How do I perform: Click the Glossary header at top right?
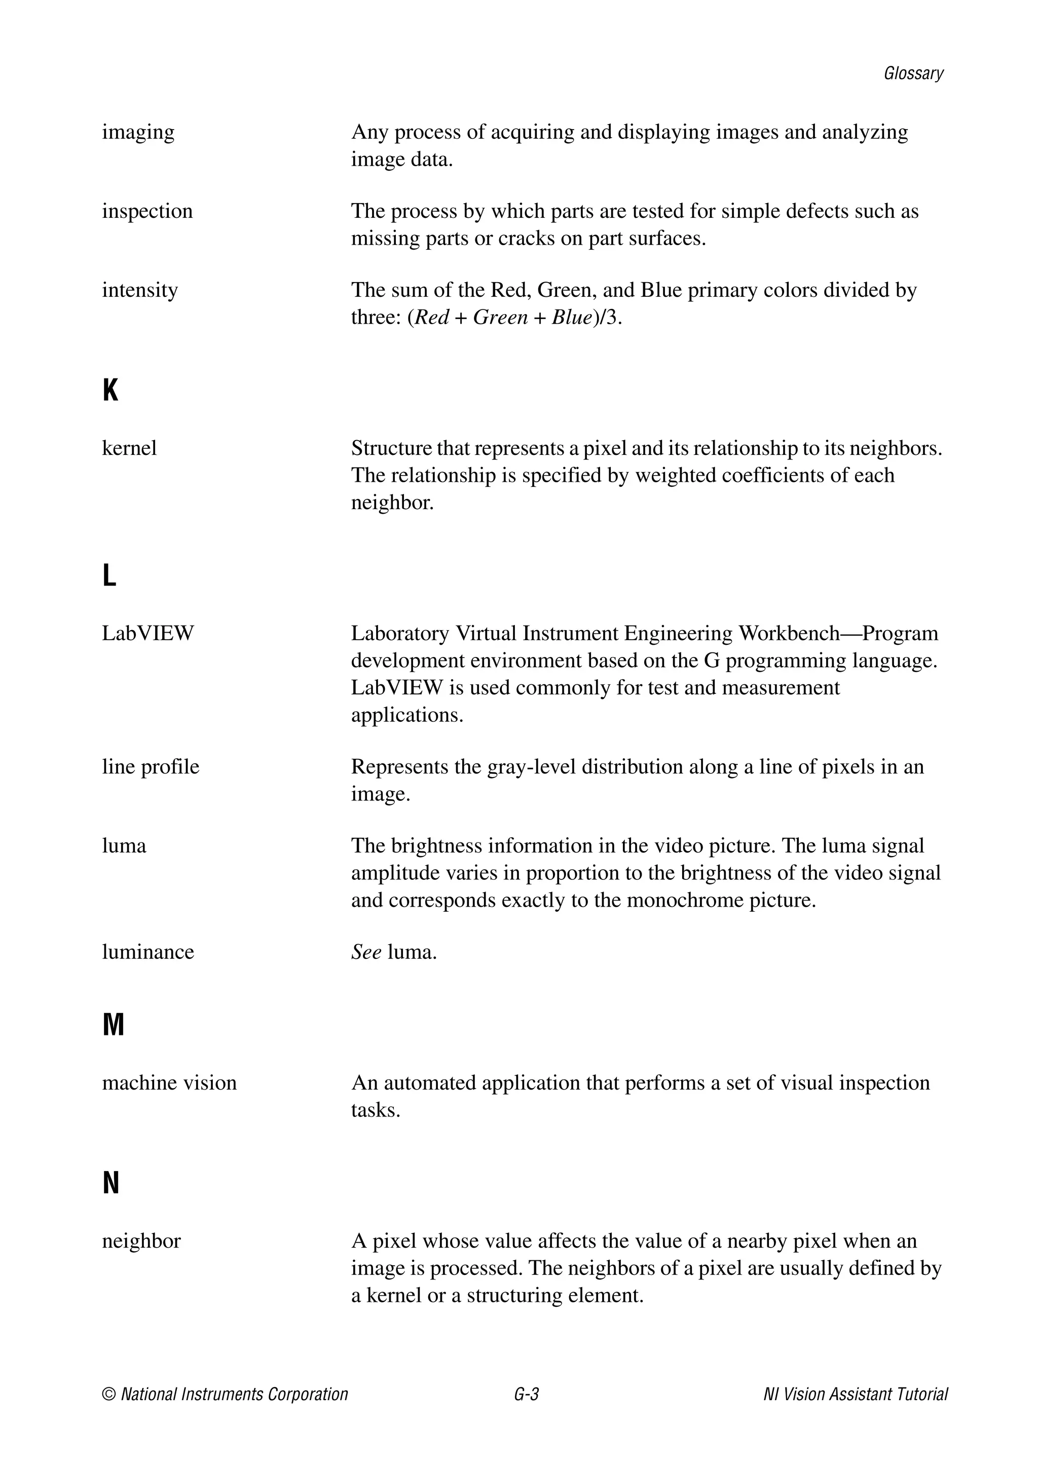point(913,74)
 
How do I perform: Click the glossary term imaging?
point(138,133)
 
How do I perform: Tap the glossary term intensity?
point(140,290)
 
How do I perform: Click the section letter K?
point(110,390)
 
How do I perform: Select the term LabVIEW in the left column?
point(147,633)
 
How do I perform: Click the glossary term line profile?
point(150,767)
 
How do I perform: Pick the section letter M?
point(113,1025)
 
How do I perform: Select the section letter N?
point(111,1183)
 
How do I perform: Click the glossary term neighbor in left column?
point(141,1241)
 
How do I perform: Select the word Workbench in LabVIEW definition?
point(789,633)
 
